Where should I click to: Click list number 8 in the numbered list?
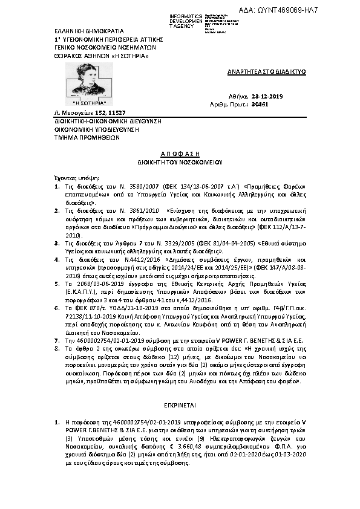pyautogui.click(x=56, y=349)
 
